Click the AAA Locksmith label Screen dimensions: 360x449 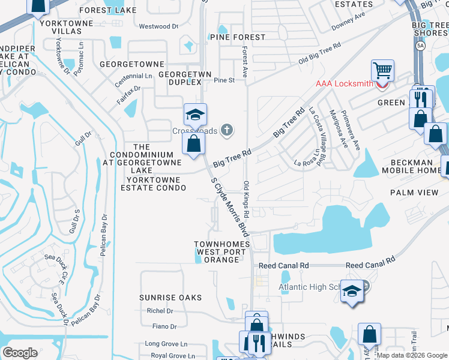(x=344, y=83)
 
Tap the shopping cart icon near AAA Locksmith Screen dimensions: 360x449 (x=382, y=71)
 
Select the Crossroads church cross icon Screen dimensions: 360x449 (x=227, y=129)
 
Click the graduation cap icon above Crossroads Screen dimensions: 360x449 (x=195, y=114)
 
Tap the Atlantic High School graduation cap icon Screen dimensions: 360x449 (x=352, y=291)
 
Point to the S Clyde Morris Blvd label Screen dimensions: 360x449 (x=229, y=206)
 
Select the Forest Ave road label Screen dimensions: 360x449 (x=245, y=62)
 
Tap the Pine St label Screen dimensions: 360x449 (x=224, y=80)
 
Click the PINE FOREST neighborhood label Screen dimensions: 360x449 (x=238, y=37)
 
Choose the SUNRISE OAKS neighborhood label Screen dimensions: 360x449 (x=164, y=298)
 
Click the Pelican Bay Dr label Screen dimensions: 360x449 (x=104, y=236)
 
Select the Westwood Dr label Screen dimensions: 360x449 (x=158, y=26)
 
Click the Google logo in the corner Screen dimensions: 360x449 (x=20, y=352)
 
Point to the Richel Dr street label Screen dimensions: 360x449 (x=160, y=311)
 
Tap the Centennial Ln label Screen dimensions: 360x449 (x=134, y=76)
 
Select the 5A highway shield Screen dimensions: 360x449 (x=421, y=46)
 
